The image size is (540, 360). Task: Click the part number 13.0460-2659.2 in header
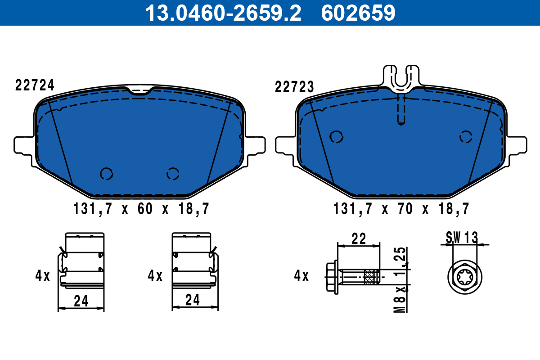[x=222, y=13]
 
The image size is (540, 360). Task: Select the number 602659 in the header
[x=358, y=13]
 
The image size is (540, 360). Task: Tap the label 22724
[x=35, y=85]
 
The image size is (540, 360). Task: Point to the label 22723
[x=294, y=87]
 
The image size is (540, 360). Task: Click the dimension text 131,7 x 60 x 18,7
[x=141, y=209]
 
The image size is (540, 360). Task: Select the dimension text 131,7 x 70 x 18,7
[x=401, y=209]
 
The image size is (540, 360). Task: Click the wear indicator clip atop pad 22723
[x=401, y=79]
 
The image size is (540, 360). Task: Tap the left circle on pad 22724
[x=107, y=174]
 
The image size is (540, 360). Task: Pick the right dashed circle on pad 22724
[x=173, y=173]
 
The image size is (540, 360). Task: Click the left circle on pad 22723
[x=336, y=137]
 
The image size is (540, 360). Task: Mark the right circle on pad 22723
[x=466, y=137]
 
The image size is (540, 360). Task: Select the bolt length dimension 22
[x=359, y=238]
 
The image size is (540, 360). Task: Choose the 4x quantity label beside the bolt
[x=301, y=275]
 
